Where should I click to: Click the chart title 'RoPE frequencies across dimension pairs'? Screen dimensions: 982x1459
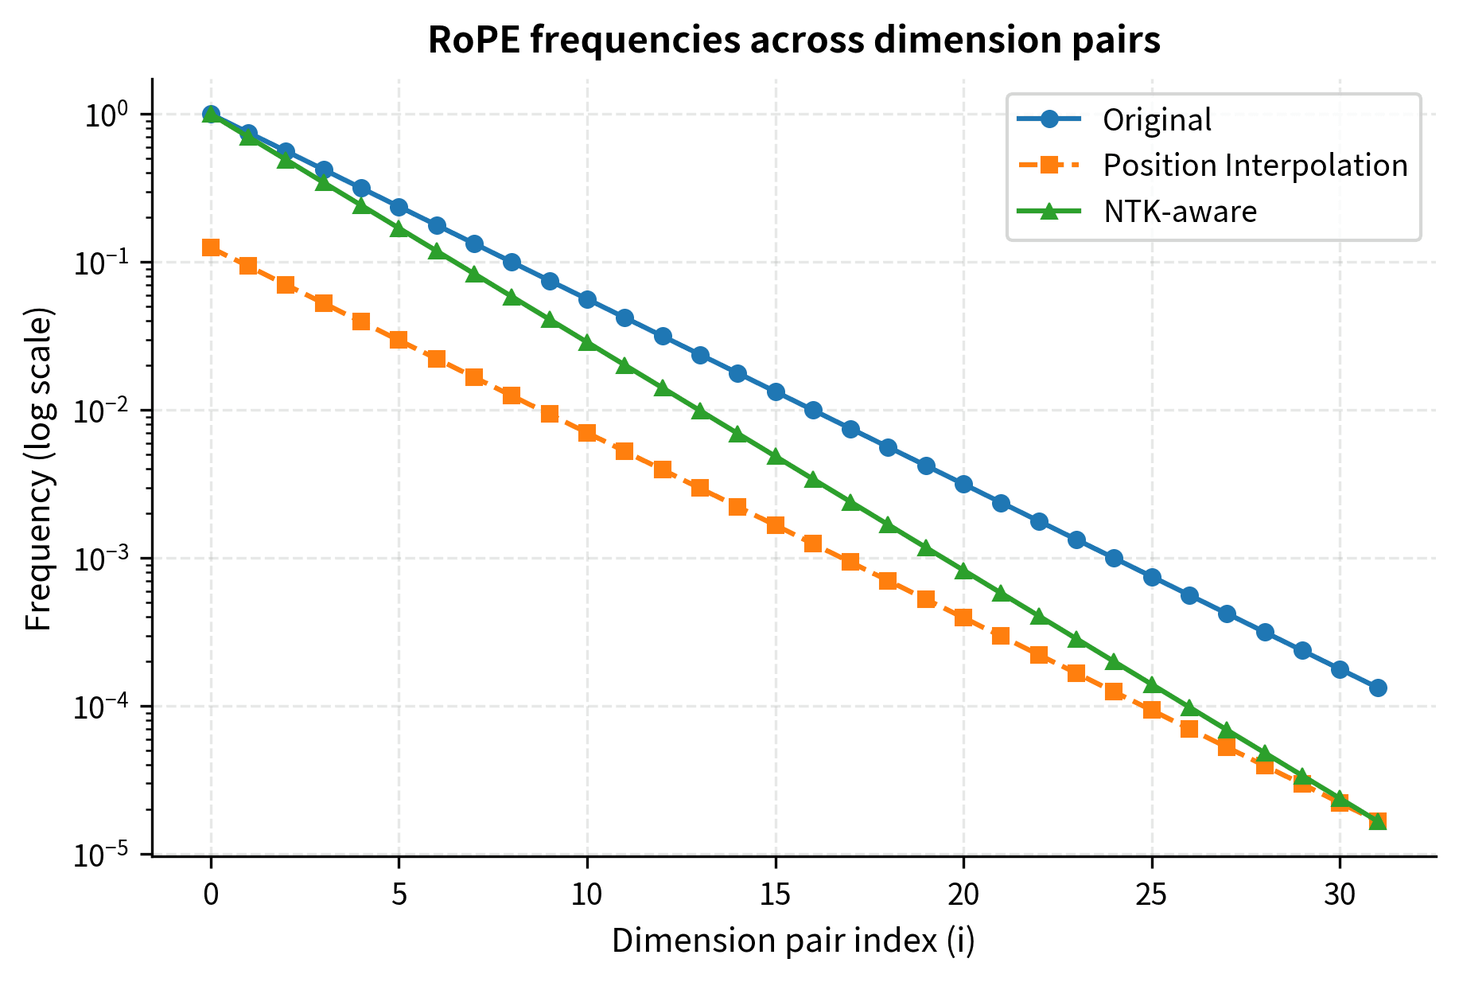coord(793,40)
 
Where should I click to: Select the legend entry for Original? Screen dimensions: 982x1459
coord(1156,119)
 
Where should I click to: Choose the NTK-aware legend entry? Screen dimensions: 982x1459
coord(1180,212)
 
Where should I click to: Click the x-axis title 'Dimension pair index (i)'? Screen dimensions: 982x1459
coord(793,941)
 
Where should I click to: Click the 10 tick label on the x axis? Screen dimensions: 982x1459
coord(587,894)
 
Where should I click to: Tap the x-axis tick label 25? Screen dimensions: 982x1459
coord(1151,894)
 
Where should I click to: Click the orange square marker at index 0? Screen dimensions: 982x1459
coord(211,247)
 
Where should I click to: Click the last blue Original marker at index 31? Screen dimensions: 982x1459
coord(1378,688)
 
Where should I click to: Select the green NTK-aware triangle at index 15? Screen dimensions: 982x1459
coord(776,457)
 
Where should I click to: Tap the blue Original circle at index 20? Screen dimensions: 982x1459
coord(963,484)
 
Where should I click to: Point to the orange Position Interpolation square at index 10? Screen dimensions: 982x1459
coord(587,433)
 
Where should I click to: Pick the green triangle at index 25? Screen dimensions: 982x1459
coord(1152,684)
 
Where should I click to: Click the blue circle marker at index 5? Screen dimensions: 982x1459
coord(399,207)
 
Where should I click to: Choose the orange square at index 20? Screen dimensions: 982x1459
coord(963,618)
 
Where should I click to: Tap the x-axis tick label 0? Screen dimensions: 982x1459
coord(211,894)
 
